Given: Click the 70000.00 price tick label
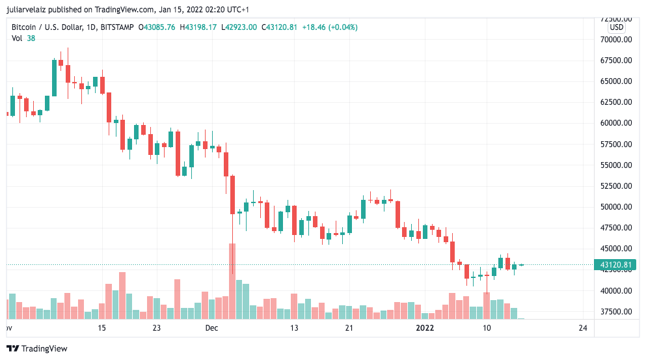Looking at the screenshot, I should tap(616, 39).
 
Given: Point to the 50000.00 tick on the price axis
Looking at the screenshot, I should tap(616, 207).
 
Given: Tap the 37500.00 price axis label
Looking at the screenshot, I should tap(616, 312).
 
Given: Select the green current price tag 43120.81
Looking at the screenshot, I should tap(614, 265).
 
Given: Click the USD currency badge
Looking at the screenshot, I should tap(616, 27).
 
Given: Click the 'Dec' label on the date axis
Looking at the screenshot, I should tap(211, 328).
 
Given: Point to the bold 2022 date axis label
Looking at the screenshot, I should tap(425, 328).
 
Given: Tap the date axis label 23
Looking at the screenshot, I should tap(156, 328).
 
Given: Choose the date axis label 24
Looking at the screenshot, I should tap(582, 328).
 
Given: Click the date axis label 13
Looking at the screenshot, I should tap(294, 328).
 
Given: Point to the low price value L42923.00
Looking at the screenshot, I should tap(239, 27).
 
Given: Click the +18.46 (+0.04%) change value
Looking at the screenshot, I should tap(330, 27).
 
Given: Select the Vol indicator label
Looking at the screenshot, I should tap(18, 38).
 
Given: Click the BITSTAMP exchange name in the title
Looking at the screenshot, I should tap(118, 27).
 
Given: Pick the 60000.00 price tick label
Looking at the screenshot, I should tap(616, 123).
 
